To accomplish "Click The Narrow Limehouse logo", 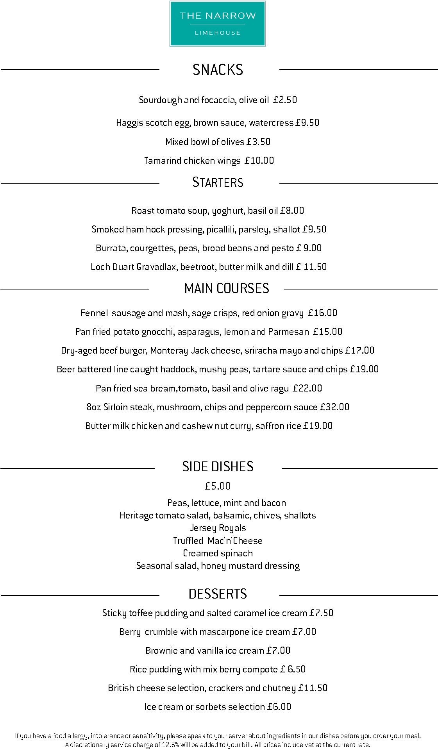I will click(218, 24).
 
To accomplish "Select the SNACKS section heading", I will click(218, 70).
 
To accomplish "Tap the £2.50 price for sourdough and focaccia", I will click(285, 100).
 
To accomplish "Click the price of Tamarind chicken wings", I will click(259, 161).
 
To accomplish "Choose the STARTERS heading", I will click(218, 182).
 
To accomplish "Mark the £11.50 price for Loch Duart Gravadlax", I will click(311, 267).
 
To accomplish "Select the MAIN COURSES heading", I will click(227, 289).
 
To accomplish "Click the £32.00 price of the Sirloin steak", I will click(334, 407).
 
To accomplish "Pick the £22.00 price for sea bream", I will click(307, 388).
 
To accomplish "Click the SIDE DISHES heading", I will click(218, 467).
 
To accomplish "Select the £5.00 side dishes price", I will click(218, 486).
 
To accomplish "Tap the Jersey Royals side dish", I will click(218, 528).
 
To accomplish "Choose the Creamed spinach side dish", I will click(218, 553).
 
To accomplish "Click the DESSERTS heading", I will click(218, 594).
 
